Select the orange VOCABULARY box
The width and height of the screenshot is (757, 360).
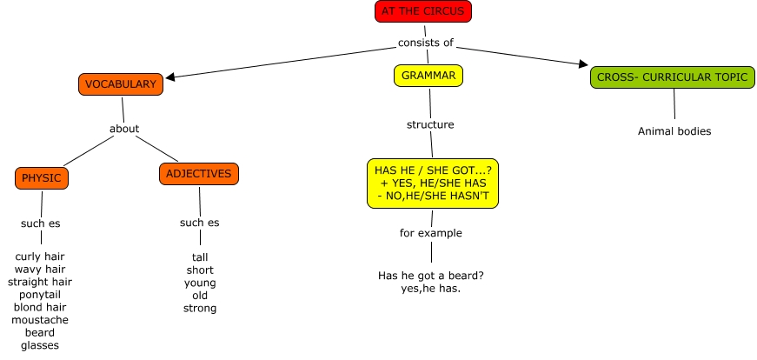121,84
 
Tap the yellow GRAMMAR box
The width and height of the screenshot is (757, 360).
428,76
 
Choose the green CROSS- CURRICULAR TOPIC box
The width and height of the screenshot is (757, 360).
673,77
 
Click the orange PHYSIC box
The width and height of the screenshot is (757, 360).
41,178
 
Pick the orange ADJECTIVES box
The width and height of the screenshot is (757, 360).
199,174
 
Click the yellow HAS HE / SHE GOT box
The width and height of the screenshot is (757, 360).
433,183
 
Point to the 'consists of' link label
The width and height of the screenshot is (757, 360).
426,43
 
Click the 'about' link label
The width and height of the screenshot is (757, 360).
124,129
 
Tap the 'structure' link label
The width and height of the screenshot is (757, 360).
430,124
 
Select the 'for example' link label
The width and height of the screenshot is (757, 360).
431,233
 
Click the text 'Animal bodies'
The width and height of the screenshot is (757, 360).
674,131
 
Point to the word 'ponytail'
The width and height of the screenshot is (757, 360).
40,294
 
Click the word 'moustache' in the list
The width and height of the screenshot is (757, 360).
40,320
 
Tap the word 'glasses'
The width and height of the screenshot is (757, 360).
40,345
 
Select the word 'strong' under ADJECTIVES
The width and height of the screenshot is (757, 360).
200,308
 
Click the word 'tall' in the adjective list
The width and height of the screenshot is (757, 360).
200,257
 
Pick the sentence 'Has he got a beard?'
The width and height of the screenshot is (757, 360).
431,276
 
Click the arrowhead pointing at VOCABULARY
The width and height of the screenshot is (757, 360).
169,77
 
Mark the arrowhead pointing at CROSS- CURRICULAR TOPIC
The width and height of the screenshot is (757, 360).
584,63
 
